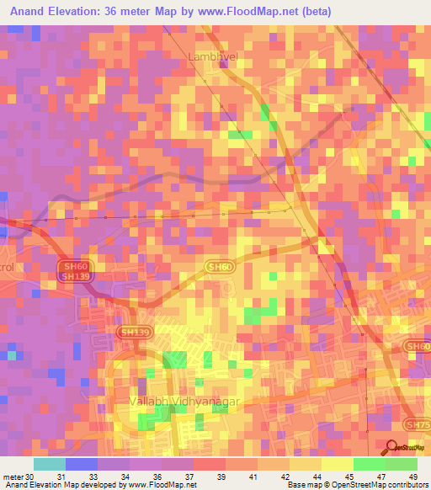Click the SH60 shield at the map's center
click(x=219, y=266)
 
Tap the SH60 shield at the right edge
click(x=417, y=346)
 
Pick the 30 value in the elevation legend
click(x=30, y=476)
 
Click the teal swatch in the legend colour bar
click(x=50, y=464)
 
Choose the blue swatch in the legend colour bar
click(x=82, y=464)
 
